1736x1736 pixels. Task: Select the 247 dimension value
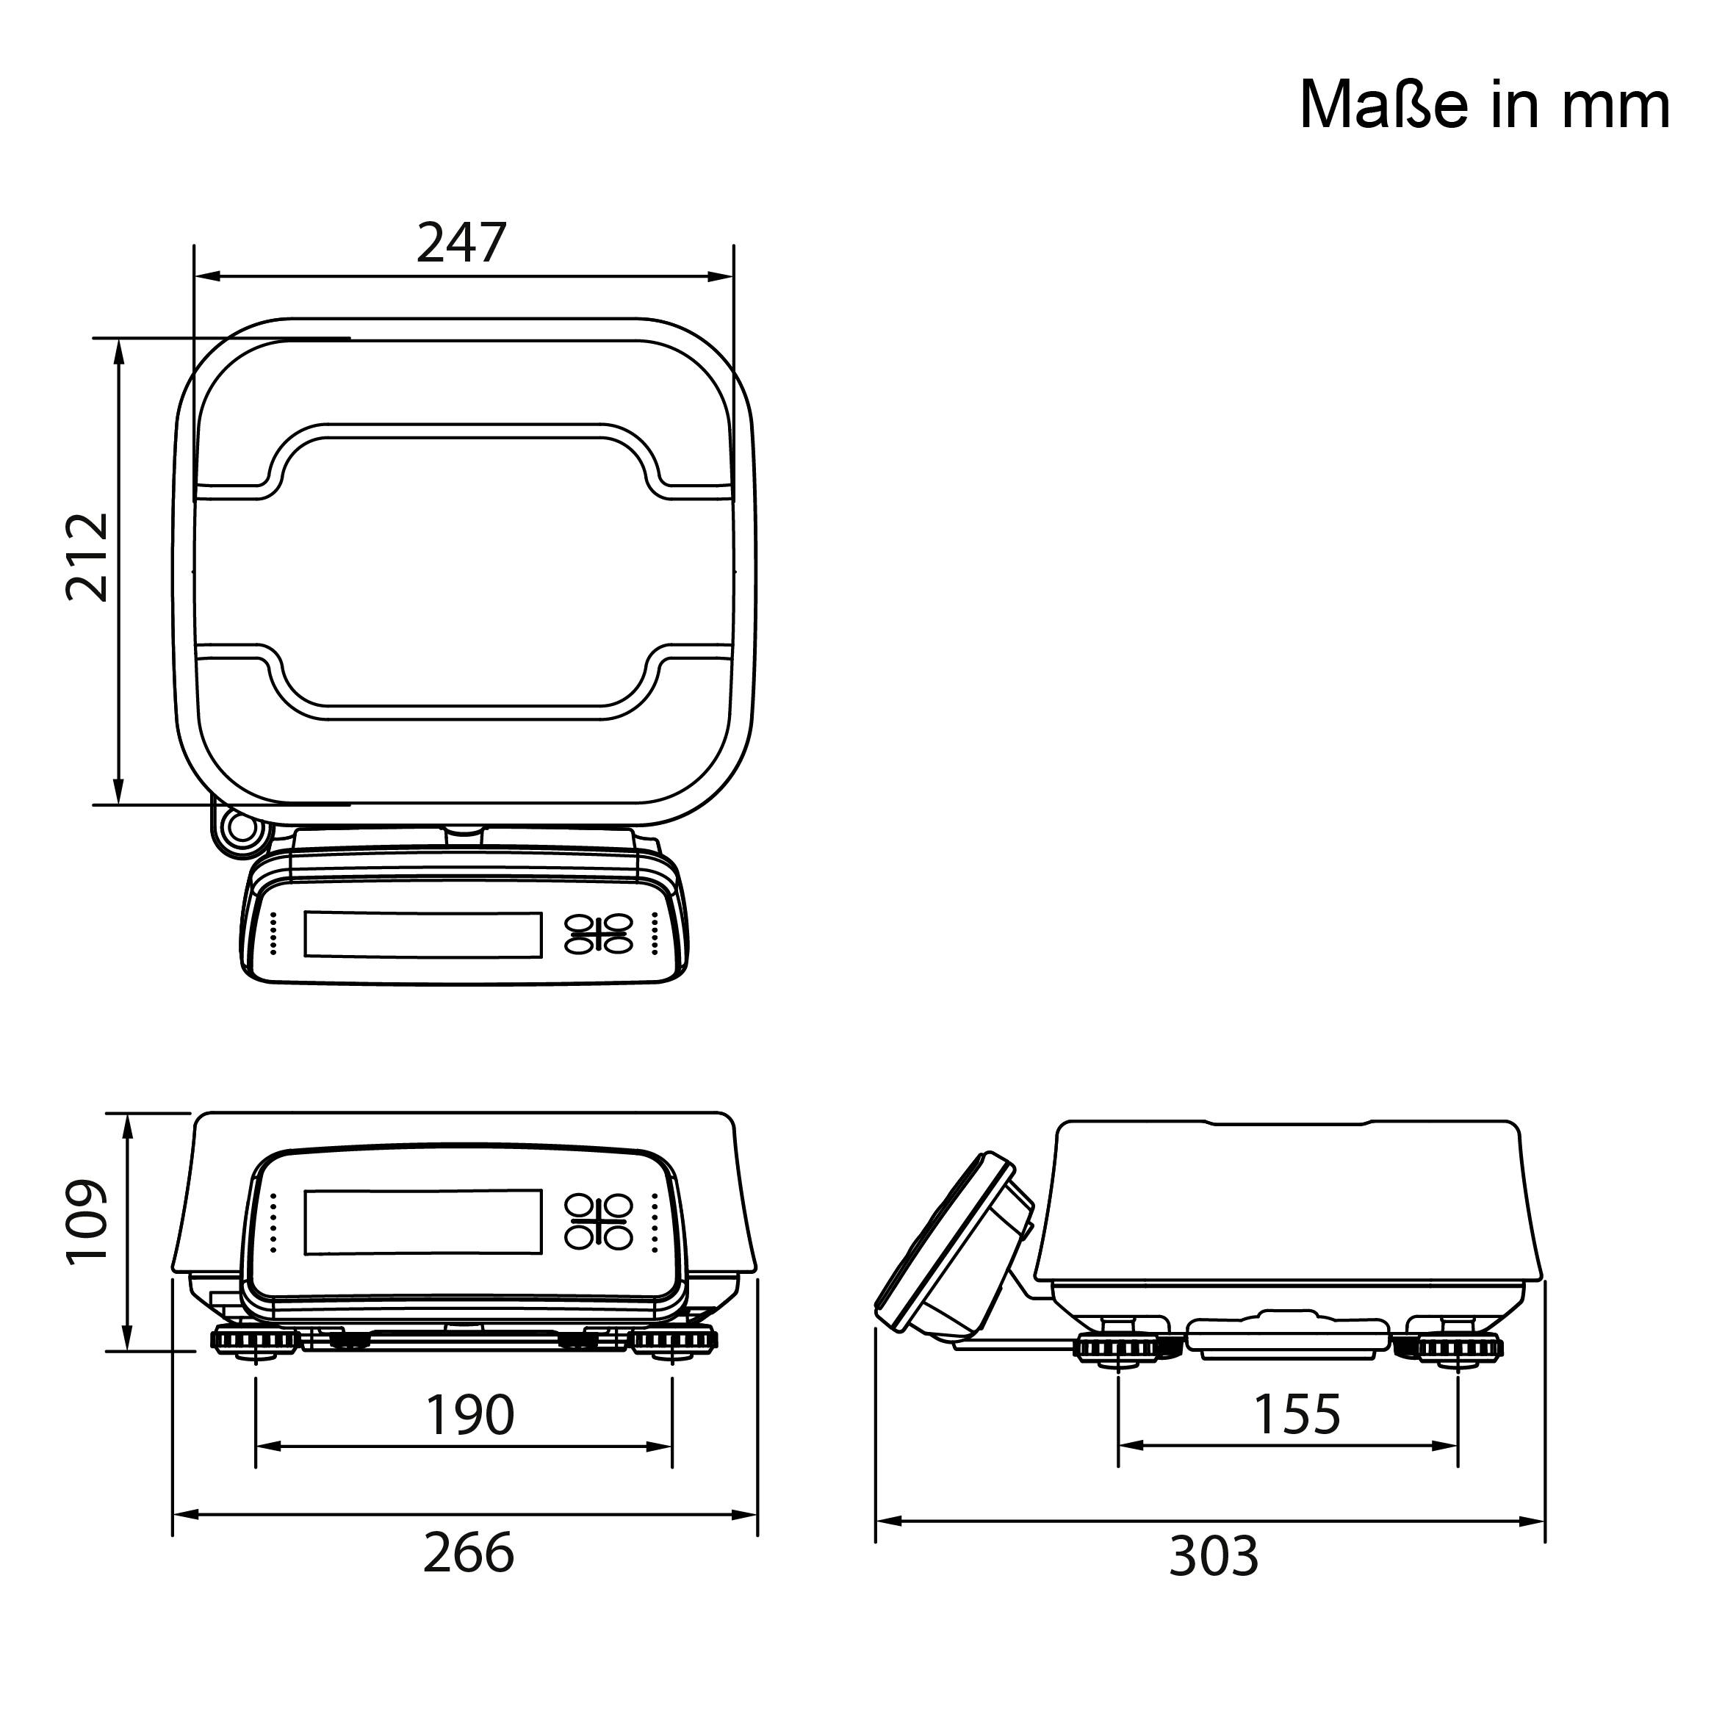point(462,242)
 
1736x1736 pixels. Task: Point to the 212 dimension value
point(88,556)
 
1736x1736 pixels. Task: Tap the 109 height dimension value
point(88,1222)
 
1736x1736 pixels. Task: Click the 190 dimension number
point(469,1415)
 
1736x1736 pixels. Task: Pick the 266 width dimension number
point(468,1552)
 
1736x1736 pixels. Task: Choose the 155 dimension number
point(1296,1414)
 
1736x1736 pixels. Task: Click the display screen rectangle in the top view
point(423,934)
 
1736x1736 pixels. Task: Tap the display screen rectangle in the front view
point(423,1221)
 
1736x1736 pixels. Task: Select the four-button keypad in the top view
point(599,934)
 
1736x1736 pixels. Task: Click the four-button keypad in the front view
point(599,1221)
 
